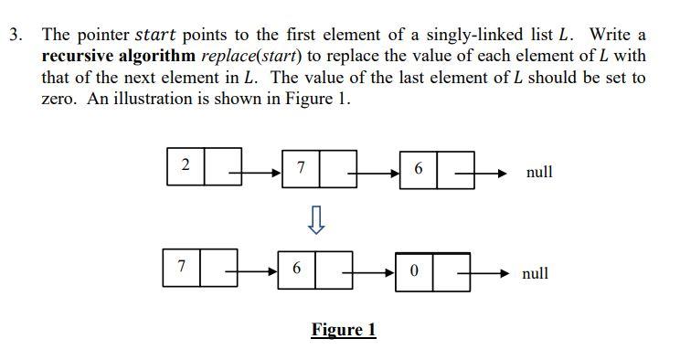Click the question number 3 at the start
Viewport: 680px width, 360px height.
[14, 35]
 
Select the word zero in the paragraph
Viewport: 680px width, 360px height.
[60, 99]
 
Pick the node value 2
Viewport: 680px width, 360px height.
[186, 165]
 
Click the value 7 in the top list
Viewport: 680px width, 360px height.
[302, 169]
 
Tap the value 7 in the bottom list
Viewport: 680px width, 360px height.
[182, 268]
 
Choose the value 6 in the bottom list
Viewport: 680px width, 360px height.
[296, 270]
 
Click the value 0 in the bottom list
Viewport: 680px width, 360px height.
[414, 272]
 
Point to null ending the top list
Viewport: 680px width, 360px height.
[539, 172]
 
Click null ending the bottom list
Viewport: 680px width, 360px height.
[536, 273]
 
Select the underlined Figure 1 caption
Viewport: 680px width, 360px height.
[343, 330]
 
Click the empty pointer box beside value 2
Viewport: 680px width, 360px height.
[223, 165]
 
